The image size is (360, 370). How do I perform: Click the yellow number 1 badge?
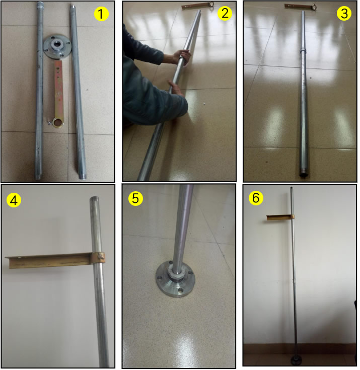pos(101,14)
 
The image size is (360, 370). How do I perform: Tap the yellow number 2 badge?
pos(225,13)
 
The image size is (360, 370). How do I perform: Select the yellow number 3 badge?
pos(344,13)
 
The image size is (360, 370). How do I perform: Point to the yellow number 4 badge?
pos(14,200)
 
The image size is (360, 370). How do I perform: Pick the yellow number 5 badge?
pos(135,198)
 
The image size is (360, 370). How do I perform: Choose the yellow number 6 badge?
pos(256,198)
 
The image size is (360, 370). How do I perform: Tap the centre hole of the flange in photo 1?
pos(57,44)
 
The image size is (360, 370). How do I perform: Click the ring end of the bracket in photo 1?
pos(57,122)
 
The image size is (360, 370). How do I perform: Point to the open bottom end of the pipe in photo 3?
pos(304,175)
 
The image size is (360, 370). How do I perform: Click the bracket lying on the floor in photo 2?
pos(197,6)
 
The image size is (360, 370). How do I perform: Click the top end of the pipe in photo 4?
pos(95,198)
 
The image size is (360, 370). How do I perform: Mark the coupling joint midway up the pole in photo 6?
pos(294,280)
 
